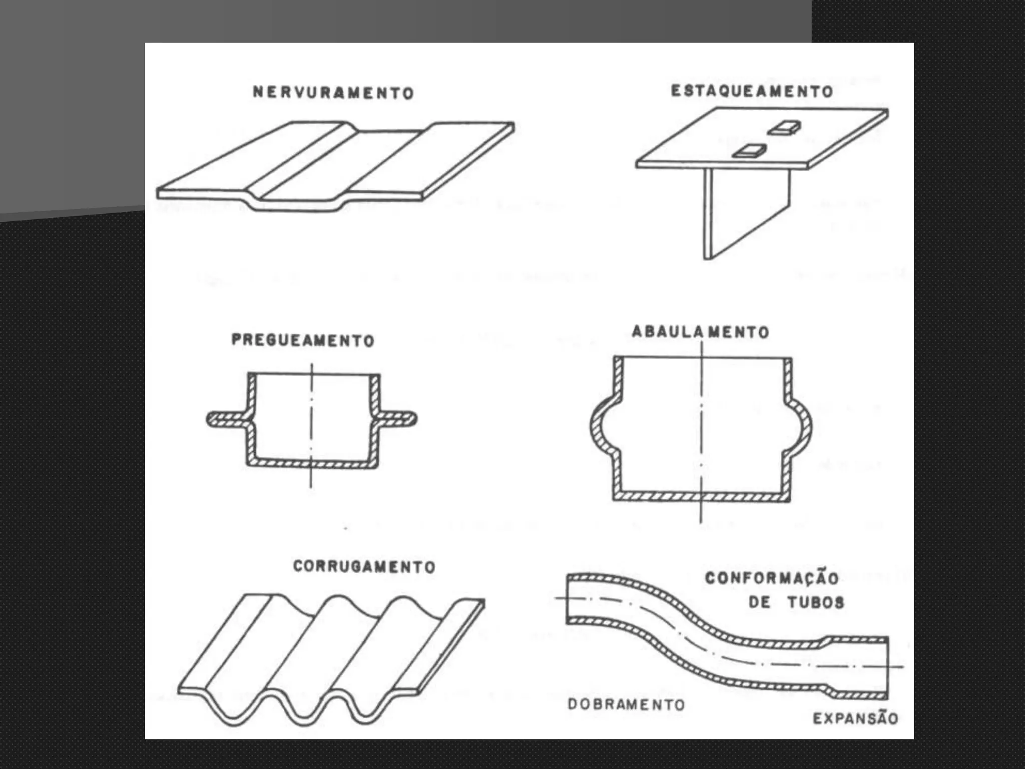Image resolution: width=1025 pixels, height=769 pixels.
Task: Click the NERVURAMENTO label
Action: click(333, 93)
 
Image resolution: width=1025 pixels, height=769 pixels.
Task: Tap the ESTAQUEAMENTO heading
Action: click(752, 91)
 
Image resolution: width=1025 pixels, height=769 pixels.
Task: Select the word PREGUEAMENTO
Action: click(303, 340)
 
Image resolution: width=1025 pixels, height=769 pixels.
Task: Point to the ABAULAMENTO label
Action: click(700, 332)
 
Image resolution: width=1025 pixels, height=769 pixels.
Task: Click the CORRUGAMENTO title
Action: click(364, 566)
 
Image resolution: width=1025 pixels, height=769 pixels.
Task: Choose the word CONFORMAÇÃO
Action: click(771, 578)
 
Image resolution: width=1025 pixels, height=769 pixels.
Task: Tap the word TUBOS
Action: click(816, 602)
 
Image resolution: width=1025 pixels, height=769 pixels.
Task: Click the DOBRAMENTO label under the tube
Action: click(626, 704)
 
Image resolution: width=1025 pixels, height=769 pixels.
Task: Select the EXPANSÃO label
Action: click(855, 718)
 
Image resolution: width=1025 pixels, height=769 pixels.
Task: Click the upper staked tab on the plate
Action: click(784, 128)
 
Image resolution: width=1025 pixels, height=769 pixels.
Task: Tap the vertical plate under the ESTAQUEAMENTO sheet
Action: click(746, 210)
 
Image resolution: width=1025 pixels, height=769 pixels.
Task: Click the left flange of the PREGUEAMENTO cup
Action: click(225, 419)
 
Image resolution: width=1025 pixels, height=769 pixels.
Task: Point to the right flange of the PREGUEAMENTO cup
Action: click(398, 419)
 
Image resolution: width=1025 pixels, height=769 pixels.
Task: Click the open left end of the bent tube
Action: click(569, 599)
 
